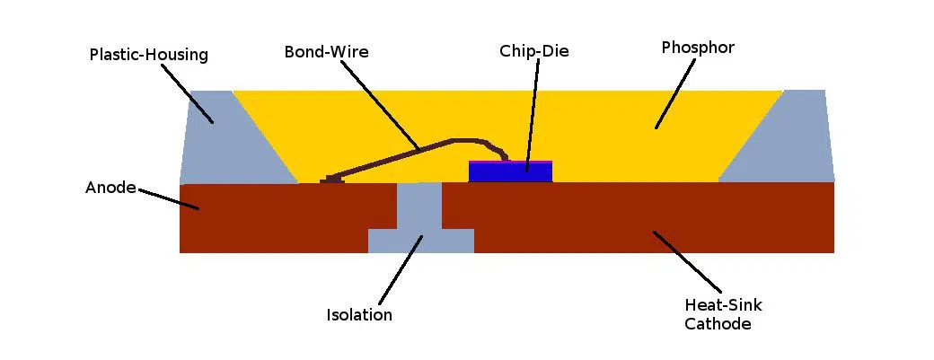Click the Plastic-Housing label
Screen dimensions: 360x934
[x=149, y=55]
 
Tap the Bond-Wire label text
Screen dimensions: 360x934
[x=326, y=52]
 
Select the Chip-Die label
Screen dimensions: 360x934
[x=534, y=51]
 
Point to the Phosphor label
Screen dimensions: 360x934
[x=698, y=48]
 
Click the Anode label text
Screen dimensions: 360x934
[x=110, y=188]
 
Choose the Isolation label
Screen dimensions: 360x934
[x=359, y=315]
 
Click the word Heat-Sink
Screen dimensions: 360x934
[x=723, y=305]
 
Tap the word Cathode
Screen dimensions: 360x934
[x=718, y=324]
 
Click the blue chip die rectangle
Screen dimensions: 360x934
[x=510, y=172]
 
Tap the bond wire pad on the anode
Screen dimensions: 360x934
[x=333, y=180]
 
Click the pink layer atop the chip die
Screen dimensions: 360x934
[x=510, y=162]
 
